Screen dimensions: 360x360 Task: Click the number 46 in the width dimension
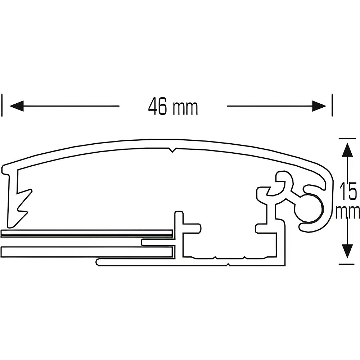click(x=157, y=107)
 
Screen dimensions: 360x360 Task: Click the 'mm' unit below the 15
click(x=348, y=212)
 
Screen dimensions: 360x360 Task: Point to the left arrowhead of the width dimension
click(x=16, y=106)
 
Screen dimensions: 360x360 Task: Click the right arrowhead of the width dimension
click(x=319, y=106)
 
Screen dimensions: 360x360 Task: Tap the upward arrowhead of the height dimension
click(x=347, y=149)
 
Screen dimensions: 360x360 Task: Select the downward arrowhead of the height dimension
click(x=347, y=251)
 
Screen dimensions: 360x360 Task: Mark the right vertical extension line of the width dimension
click(x=332, y=105)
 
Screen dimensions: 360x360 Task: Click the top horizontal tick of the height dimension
click(x=347, y=138)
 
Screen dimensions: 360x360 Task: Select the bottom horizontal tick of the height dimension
click(x=347, y=264)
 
